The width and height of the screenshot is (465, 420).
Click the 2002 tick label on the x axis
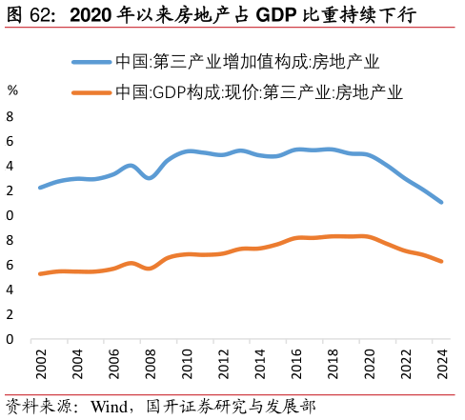[x=40, y=364]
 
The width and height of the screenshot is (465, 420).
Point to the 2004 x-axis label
[x=77, y=364]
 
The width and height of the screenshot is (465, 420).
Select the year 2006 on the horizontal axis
[x=113, y=364]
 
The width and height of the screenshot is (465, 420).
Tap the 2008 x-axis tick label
[x=150, y=364]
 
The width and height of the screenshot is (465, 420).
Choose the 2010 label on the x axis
[x=187, y=364]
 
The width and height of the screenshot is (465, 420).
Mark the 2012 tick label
[x=223, y=364]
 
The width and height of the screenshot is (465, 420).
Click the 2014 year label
[x=259, y=364]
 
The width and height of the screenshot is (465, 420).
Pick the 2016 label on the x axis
[x=296, y=364]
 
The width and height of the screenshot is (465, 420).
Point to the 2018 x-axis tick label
[x=333, y=364]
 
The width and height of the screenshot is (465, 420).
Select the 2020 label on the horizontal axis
[x=369, y=364]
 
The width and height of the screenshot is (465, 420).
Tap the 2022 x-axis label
[x=406, y=364]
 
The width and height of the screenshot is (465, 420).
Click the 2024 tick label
[x=442, y=364]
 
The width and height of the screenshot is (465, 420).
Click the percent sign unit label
[x=12, y=90]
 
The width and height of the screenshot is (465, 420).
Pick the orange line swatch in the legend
[x=91, y=93]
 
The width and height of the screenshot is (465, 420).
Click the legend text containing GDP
[x=258, y=93]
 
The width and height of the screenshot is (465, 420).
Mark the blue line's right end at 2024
[x=441, y=202]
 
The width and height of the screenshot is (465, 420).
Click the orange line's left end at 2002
[x=40, y=273]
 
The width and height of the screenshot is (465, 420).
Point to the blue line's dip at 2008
[x=150, y=177]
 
